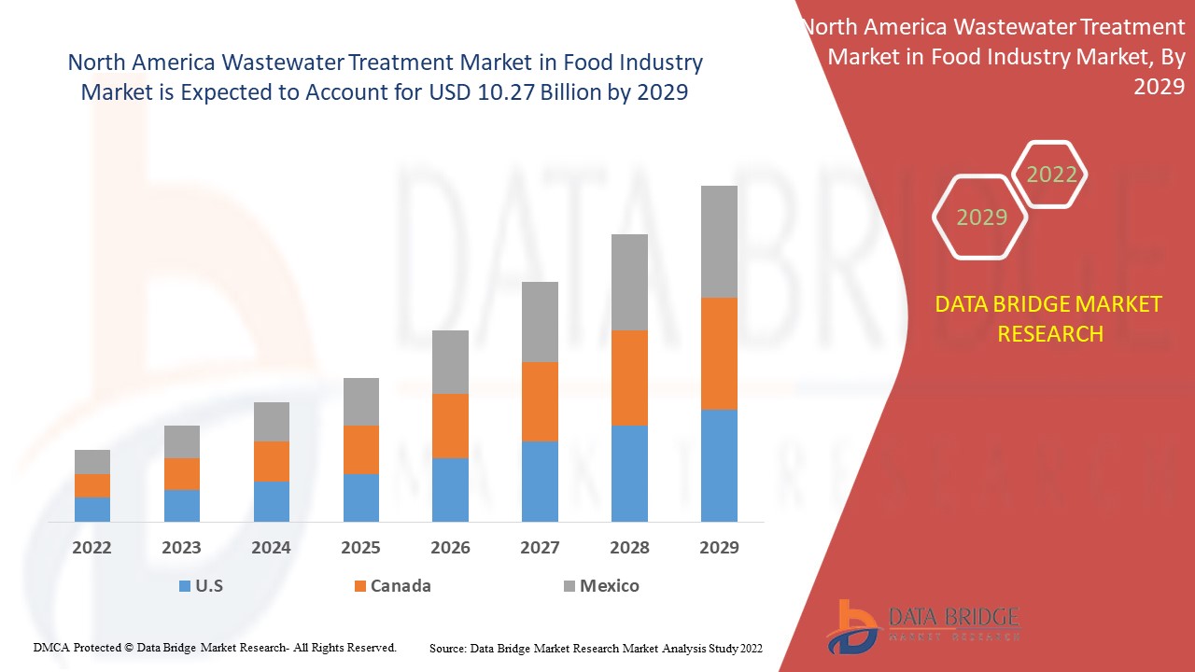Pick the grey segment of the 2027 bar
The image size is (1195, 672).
(x=540, y=322)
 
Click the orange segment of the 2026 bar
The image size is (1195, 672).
(x=450, y=426)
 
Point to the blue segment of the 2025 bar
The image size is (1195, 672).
(x=360, y=497)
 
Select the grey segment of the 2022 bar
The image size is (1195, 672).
(x=92, y=462)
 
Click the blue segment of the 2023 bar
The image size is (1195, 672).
(x=182, y=505)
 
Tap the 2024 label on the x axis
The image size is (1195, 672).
(x=271, y=548)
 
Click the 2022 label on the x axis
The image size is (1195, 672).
(x=91, y=548)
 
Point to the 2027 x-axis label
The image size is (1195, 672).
(x=540, y=548)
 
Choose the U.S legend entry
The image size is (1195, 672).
(x=200, y=586)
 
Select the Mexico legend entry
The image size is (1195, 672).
(x=601, y=586)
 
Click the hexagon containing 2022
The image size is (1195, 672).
(x=1050, y=175)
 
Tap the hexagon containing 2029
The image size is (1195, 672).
(x=980, y=217)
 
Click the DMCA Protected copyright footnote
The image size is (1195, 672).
(x=215, y=647)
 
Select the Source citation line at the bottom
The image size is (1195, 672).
(x=596, y=648)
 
